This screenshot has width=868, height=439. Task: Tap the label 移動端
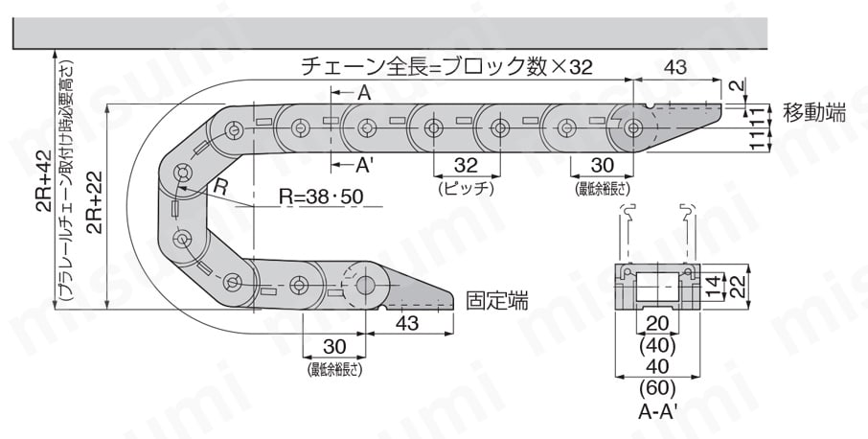(x=813, y=112)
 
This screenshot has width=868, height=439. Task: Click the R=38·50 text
(x=322, y=196)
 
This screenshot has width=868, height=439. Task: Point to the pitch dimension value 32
(x=466, y=165)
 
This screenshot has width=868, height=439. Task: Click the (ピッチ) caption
(x=466, y=189)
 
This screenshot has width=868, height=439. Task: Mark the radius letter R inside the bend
(x=220, y=189)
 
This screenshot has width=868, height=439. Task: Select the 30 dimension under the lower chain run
(x=334, y=346)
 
